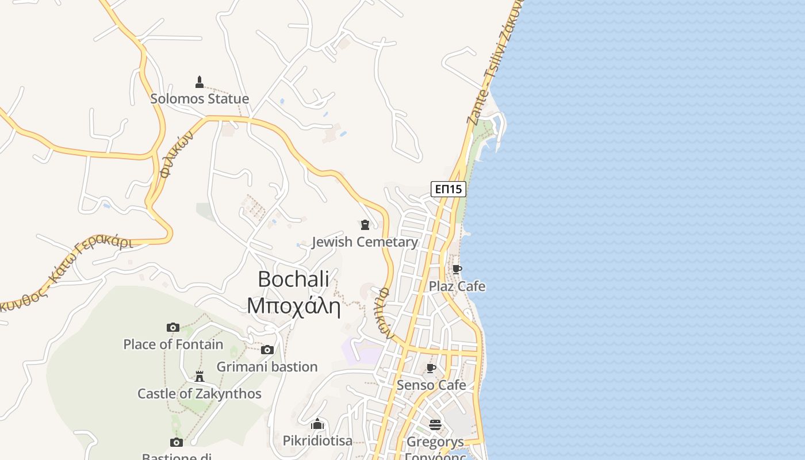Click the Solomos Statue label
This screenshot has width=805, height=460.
pos(200,99)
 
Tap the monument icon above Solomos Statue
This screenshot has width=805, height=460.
pos(200,82)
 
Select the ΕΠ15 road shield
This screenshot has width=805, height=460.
pos(448,189)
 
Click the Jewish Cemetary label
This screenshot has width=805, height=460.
pos(365,242)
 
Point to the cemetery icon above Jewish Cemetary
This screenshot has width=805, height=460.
pos(365,224)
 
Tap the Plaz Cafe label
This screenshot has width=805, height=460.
pos(457,286)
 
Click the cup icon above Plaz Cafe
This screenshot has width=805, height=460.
pos(457,269)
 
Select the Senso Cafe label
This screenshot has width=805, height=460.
pos(431,385)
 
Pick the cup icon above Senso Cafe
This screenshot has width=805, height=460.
pos(431,368)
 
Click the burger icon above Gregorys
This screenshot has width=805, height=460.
pos(435,425)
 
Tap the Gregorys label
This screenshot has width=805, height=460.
pos(435,442)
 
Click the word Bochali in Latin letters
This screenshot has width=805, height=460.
pos(293,279)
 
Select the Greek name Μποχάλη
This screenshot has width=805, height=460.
pos(293,306)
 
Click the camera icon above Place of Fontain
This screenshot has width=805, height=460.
pos(173,327)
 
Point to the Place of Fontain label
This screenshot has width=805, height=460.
pos(173,344)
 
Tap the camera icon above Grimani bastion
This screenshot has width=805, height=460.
pos(267,350)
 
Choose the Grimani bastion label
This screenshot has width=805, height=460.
pos(267,367)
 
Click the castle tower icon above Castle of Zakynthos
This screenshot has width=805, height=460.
pos(200,377)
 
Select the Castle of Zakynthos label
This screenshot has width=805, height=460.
pos(200,394)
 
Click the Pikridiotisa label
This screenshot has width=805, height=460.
pos(317,441)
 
